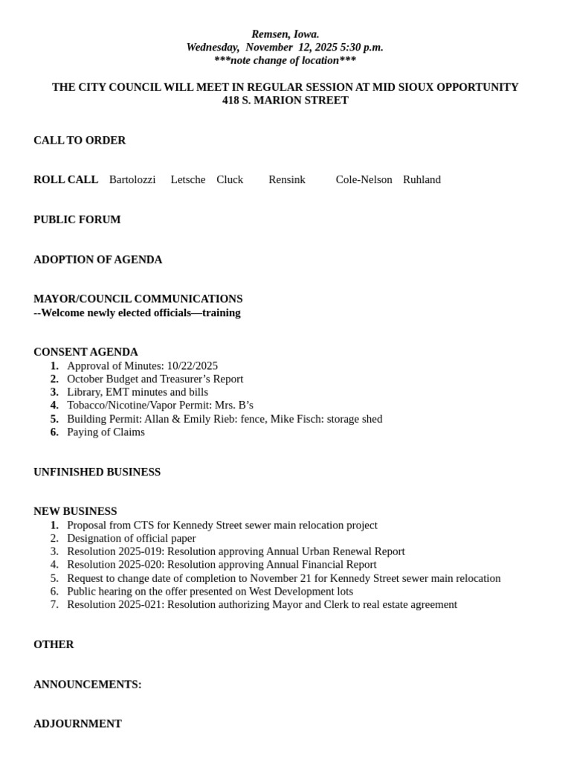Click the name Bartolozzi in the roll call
point(132,179)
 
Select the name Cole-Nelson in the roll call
point(364,179)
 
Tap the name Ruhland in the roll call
point(422,179)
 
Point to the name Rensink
point(287,179)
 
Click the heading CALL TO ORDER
point(80,140)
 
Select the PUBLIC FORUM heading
point(77,220)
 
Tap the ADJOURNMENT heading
point(77,723)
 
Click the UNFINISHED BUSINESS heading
point(97,472)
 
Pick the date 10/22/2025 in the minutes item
point(193,365)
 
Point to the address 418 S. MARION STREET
point(285,100)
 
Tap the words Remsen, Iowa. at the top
point(285,34)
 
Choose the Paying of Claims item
point(106,432)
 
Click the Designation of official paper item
point(132,538)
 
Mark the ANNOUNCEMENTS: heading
point(87,684)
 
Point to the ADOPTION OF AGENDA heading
point(97,260)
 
